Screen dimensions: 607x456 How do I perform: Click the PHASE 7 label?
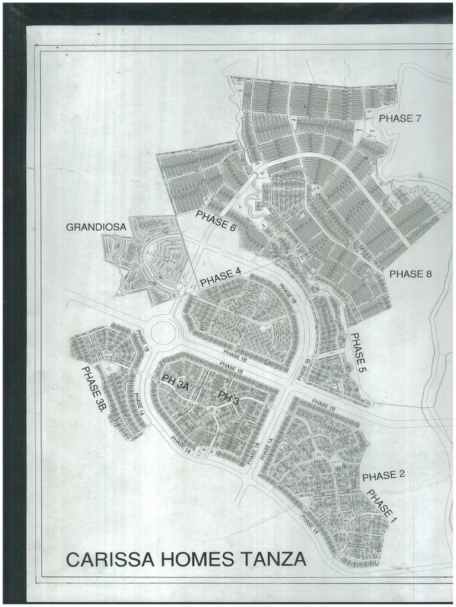pos(400,118)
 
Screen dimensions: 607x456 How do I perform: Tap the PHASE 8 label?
pos(410,274)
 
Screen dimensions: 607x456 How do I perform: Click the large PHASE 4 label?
pos(220,277)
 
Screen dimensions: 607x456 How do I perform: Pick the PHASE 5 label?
pos(358,352)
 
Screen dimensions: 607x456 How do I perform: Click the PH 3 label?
pos(229,398)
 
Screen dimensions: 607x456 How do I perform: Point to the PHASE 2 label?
pos(383,475)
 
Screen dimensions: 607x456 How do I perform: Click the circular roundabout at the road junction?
pos(163,332)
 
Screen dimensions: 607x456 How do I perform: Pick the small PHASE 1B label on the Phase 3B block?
pos(142,341)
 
